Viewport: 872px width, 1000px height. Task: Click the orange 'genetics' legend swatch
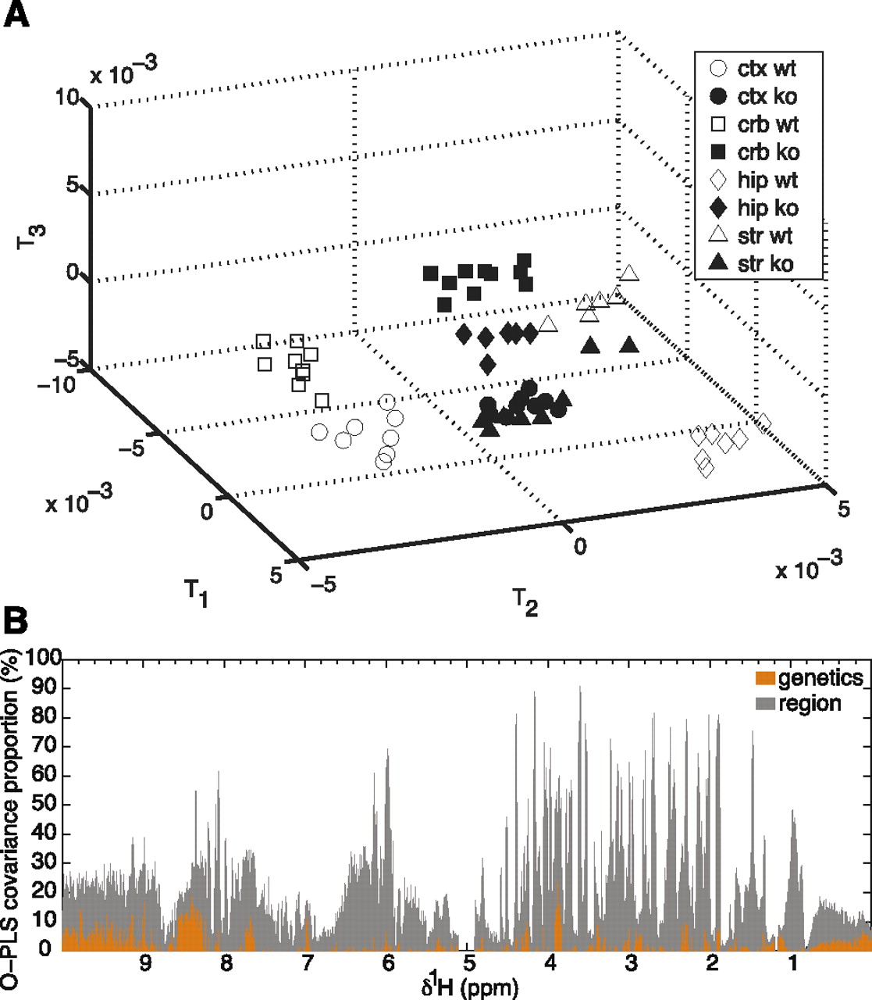(766, 677)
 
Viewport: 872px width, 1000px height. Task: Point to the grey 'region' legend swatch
(766, 704)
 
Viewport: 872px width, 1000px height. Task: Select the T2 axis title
(525, 602)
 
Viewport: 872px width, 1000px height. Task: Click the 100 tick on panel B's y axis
(44, 659)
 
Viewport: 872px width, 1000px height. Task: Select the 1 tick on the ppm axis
(793, 963)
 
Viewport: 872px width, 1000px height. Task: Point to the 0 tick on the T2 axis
(578, 545)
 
